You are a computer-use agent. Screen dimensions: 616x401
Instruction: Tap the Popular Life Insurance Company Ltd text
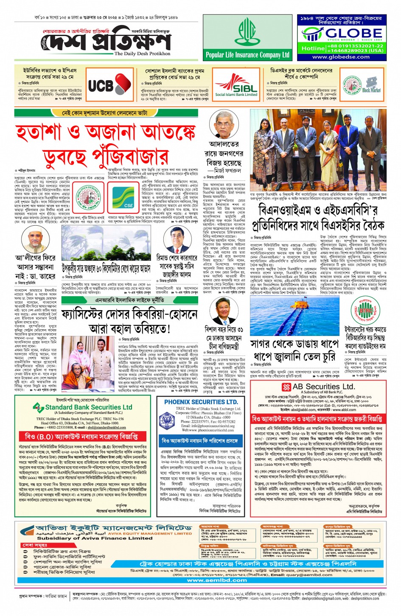[247, 55]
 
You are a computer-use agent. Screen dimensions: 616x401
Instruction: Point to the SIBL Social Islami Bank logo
[236, 85]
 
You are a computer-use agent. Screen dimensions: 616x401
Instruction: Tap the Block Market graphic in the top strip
[371, 85]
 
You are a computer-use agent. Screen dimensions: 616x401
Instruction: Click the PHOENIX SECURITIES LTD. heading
[201, 402]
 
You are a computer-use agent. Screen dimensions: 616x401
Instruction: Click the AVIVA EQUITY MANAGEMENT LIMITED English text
[150, 534]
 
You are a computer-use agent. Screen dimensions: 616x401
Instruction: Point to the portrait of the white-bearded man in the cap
[35, 240]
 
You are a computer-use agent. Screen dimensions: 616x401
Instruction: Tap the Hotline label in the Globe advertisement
[313, 48]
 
